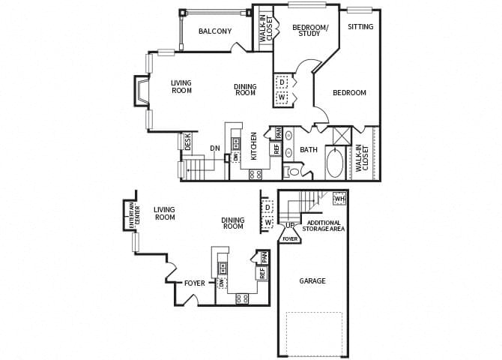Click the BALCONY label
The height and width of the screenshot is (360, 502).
[214, 31]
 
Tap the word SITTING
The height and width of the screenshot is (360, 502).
[360, 27]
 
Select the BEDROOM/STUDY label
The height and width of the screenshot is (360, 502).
[309, 31]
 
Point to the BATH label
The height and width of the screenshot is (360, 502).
[309, 150]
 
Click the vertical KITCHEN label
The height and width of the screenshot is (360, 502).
[254, 145]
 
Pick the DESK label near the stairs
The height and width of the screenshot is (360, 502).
[187, 142]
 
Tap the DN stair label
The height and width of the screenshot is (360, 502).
[215, 148]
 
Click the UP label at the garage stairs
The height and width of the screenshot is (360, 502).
[289, 225]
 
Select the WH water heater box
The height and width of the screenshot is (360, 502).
[339, 199]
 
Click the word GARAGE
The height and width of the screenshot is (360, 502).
[312, 281]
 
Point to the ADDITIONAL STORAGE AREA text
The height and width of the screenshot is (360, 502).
[324, 226]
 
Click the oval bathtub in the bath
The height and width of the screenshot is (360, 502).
[334, 164]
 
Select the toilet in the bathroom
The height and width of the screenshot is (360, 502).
[294, 172]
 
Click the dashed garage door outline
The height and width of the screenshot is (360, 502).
[314, 333]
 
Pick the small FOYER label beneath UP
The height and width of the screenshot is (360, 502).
[290, 239]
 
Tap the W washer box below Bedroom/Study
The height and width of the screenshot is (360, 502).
[282, 97]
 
